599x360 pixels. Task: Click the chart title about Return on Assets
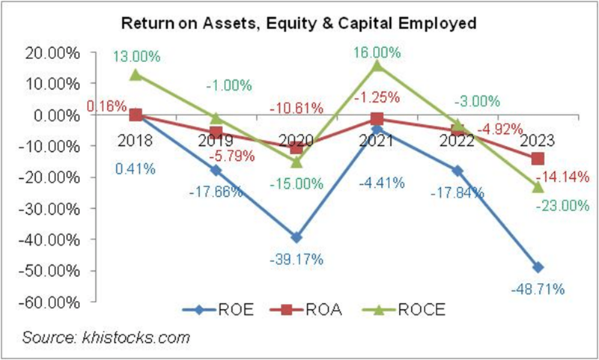coord(299,22)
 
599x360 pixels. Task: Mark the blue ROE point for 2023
coord(538,267)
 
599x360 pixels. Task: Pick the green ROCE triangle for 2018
coord(136,75)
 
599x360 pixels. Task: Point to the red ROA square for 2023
coord(538,159)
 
